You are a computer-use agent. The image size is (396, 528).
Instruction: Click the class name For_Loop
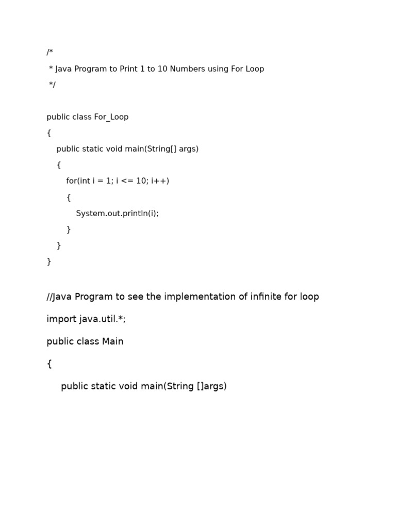111,117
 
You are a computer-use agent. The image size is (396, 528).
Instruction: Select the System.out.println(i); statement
117,213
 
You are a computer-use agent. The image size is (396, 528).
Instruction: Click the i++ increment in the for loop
160,181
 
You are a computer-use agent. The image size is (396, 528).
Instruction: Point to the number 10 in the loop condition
141,181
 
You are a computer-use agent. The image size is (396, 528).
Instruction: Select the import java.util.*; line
86,319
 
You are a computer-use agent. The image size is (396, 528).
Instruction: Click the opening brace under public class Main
49,364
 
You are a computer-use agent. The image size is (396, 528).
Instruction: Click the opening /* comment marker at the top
49,53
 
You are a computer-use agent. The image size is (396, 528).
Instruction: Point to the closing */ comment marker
52,85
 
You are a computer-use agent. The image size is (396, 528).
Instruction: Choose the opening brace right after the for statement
69,197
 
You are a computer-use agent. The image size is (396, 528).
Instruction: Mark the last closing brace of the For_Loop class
49,261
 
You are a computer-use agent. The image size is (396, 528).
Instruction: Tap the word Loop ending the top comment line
255,69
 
